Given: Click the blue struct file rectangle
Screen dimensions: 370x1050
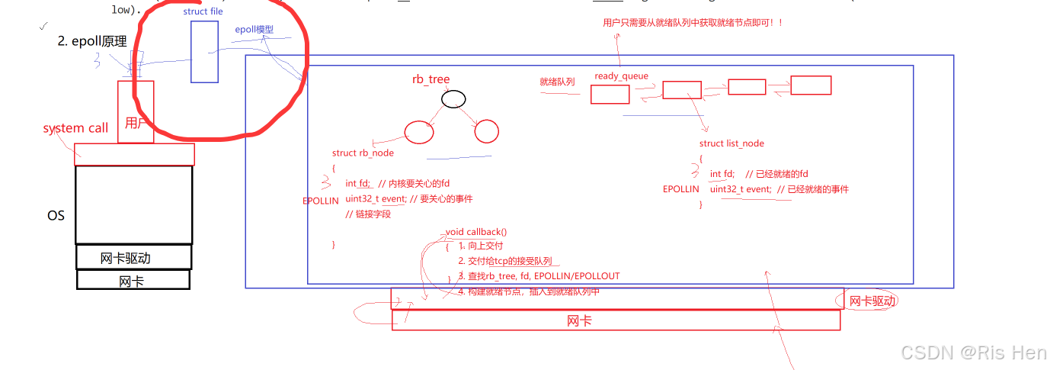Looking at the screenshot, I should tap(204, 51).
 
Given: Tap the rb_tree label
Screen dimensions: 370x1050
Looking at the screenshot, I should tap(431, 79).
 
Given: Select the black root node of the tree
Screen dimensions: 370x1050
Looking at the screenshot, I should tap(453, 99).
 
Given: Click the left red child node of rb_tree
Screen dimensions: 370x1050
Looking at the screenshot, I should tap(419, 132).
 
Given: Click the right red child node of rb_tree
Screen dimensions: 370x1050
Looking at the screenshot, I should tap(486, 132).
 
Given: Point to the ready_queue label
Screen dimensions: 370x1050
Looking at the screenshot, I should tap(621, 76).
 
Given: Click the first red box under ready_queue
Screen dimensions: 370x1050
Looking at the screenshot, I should tap(610, 94).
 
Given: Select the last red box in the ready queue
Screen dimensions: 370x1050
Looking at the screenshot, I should tap(811, 85).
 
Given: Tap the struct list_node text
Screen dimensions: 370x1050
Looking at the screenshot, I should tap(731, 143).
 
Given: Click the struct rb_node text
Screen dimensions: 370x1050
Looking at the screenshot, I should tap(363, 153).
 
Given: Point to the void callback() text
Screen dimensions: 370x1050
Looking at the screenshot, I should tap(476, 232).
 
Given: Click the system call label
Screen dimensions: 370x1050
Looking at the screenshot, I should tap(75, 128).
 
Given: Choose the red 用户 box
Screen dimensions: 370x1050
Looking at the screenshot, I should tap(136, 112).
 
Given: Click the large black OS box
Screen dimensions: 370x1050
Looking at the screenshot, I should tap(134, 204).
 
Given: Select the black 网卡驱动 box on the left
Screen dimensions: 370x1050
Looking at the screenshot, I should tap(134, 257).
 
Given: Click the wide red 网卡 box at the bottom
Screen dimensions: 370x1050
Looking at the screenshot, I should tap(616, 320).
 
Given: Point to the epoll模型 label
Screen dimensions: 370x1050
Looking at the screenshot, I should tap(254, 30).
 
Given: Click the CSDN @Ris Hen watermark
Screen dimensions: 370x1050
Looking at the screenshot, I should tap(973, 352).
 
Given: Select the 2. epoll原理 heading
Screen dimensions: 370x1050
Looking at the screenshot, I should tap(92, 41).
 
